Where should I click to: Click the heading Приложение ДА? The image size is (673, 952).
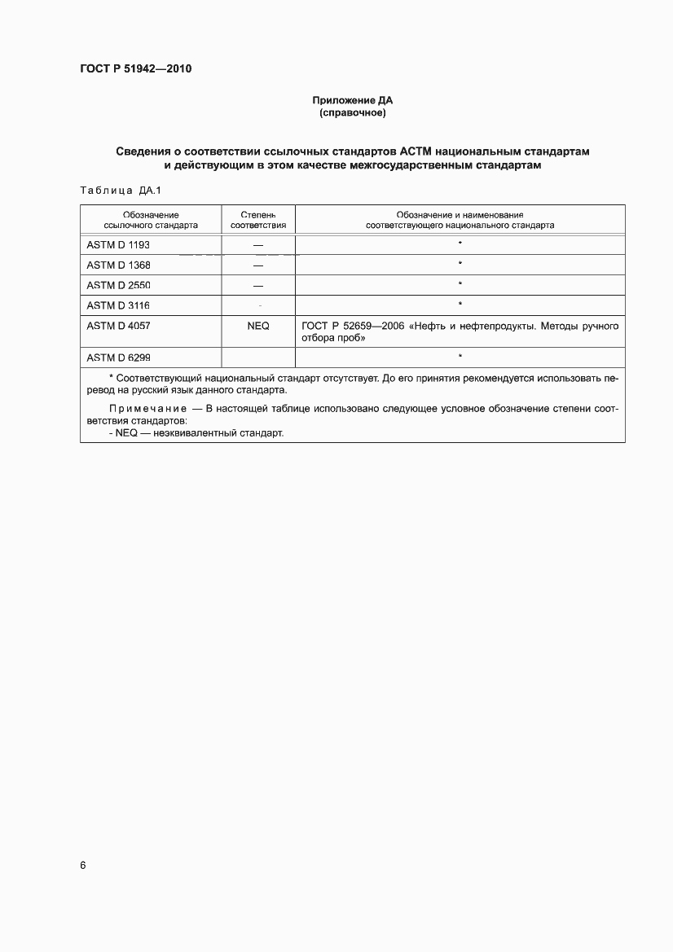click(x=352, y=100)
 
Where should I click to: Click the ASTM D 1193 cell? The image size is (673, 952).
click(x=118, y=244)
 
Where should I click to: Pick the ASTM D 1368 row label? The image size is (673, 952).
click(x=118, y=265)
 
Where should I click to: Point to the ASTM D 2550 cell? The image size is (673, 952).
click(x=118, y=285)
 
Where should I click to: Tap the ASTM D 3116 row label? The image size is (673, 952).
click(x=118, y=305)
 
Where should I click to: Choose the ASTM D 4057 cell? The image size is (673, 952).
click(x=118, y=326)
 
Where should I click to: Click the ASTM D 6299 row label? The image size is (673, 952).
click(x=118, y=357)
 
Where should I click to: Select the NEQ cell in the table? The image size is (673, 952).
click(x=257, y=326)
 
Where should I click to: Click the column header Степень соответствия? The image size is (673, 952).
click(x=258, y=219)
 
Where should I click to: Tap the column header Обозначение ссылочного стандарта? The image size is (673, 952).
click(x=151, y=219)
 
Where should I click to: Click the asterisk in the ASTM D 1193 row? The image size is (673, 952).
click(x=460, y=243)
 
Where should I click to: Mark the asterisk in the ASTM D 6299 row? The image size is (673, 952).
click(x=460, y=356)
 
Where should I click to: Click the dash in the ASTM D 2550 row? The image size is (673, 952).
click(x=258, y=286)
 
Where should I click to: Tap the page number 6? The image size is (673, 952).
click(x=83, y=865)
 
